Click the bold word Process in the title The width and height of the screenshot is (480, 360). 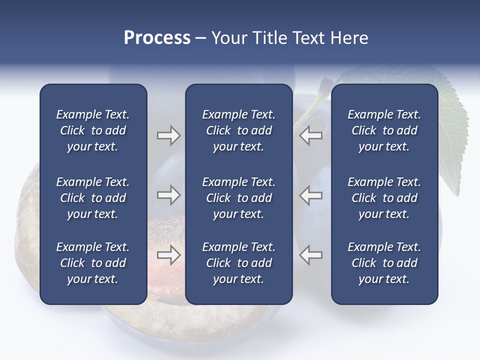tap(157, 38)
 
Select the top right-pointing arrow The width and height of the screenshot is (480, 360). tap(168, 135)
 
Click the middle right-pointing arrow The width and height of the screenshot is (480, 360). tap(168, 195)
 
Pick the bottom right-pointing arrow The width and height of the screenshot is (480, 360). tap(168, 255)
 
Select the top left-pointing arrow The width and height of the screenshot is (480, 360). tap(311, 135)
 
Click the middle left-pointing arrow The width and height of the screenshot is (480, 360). tap(311, 195)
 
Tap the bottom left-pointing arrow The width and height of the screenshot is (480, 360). tap(311, 255)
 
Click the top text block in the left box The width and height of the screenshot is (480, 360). tap(93, 130)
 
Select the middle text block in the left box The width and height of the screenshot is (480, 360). tap(93, 198)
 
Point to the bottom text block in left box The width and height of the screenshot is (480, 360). tap(93, 263)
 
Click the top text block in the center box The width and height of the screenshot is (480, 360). tap(238, 130)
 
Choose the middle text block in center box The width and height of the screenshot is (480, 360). tap(238, 198)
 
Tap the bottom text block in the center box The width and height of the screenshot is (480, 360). tap(238, 263)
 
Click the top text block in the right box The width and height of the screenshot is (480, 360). tap(384, 130)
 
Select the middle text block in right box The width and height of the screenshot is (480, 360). tap(384, 198)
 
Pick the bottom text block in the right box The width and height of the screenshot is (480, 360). tap(384, 263)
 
